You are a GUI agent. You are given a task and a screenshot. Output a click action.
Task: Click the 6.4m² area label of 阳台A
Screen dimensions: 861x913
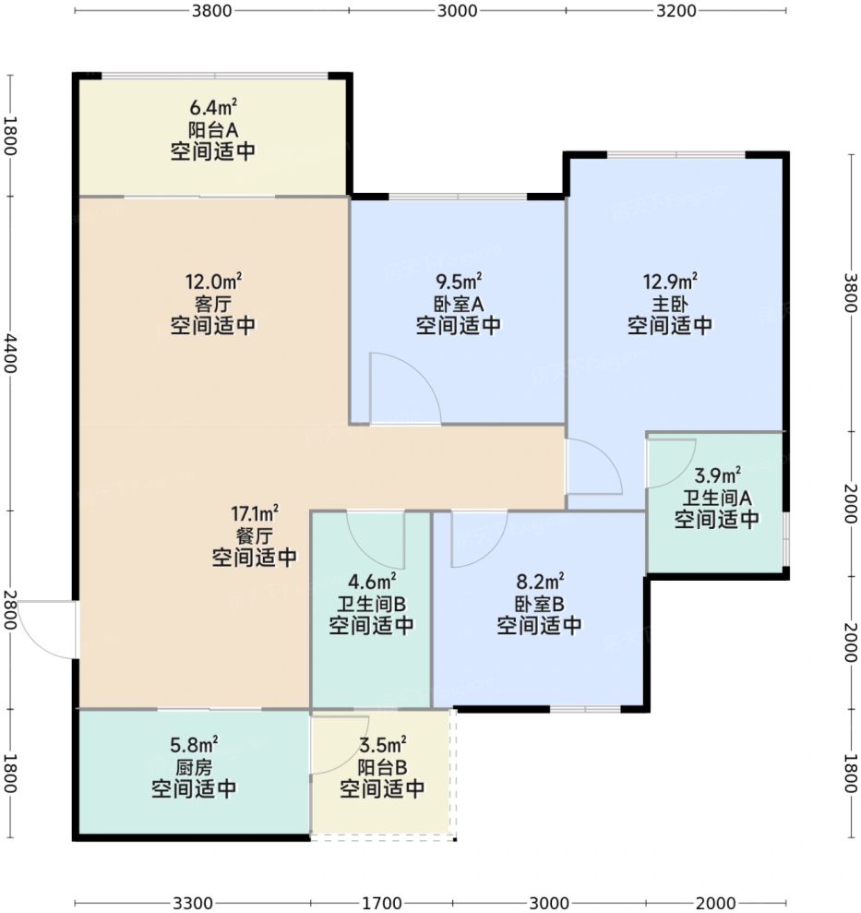pos(213,107)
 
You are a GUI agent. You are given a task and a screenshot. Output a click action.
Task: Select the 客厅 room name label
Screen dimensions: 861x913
pos(213,304)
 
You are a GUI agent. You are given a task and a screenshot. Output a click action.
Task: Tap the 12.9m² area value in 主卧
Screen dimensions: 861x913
pos(670,282)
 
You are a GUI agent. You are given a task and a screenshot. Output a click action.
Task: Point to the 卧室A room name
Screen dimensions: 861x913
pos(459,304)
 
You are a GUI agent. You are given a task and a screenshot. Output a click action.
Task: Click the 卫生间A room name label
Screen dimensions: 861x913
pos(717,498)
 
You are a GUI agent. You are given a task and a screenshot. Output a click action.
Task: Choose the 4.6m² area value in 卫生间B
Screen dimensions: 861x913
pos(372,582)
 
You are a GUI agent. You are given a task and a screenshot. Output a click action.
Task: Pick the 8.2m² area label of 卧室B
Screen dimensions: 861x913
pos(540,582)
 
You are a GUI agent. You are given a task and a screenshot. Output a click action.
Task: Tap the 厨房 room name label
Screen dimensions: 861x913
pos(194,767)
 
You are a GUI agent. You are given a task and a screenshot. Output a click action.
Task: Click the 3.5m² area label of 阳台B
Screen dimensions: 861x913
pos(382,745)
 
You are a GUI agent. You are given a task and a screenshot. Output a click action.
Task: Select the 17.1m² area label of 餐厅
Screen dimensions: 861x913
pos(255,513)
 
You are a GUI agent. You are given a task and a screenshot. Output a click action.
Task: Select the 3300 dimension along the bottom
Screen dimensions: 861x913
pos(193,903)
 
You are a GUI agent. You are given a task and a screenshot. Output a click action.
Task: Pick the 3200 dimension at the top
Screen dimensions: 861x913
pos(676,10)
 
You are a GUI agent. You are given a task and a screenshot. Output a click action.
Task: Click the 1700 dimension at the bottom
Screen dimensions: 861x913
pos(382,903)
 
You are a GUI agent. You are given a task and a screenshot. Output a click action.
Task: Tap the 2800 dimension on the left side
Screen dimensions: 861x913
pos(10,609)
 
